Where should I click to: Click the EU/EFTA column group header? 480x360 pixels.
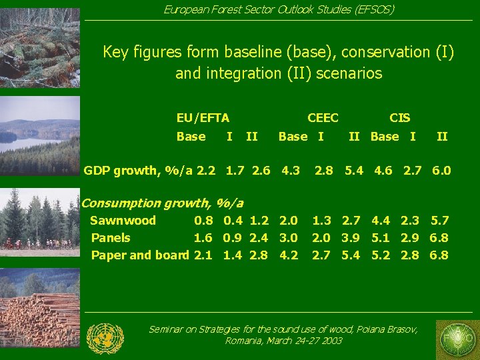coord(203,118)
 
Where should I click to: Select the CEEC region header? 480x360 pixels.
coord(323,118)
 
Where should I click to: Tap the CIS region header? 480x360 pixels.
coord(399,118)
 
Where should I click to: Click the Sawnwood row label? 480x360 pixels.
coord(123,221)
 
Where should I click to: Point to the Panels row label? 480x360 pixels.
coord(111,238)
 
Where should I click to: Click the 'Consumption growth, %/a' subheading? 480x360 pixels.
coord(162,203)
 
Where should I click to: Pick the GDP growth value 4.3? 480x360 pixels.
coord(290,171)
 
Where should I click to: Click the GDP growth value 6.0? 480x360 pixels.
coord(441,171)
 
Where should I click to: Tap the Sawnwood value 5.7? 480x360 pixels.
coord(440,221)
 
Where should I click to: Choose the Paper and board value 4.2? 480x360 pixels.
coord(289,255)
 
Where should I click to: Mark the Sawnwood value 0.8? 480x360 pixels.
coord(203,221)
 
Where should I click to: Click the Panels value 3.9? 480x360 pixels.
coord(351,238)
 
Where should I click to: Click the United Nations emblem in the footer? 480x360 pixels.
coord(105,338)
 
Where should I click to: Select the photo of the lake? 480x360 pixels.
coord(40,137)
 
